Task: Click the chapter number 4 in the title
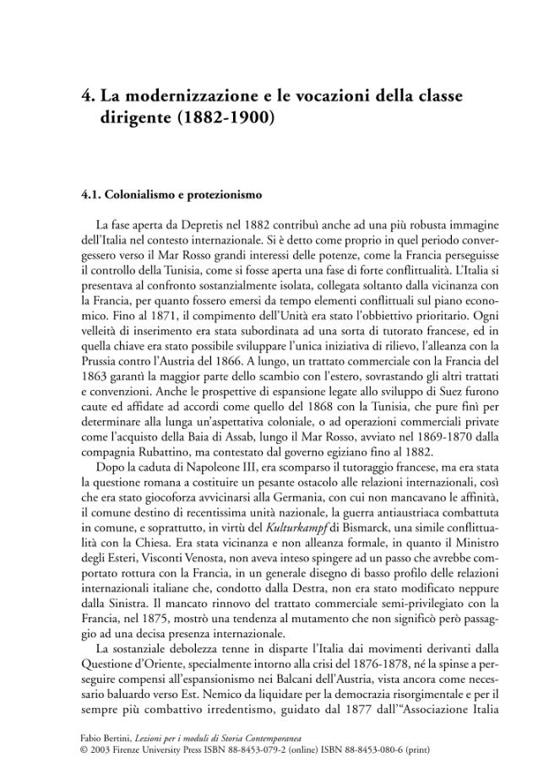[x=85, y=96]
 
